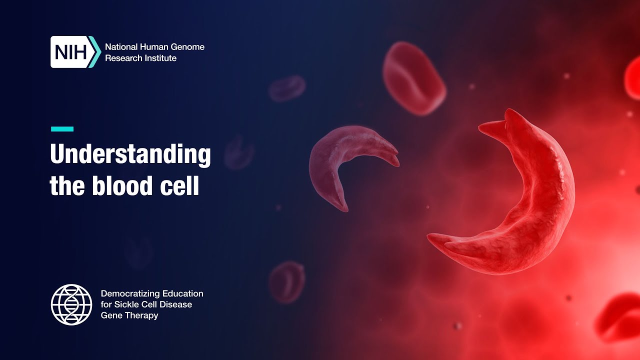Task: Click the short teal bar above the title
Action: (x=62, y=129)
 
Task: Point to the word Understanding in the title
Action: (x=130, y=154)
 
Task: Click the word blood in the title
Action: (x=122, y=185)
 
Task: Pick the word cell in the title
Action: (x=179, y=185)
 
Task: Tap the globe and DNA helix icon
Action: (x=71, y=304)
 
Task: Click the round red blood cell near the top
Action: (x=414, y=78)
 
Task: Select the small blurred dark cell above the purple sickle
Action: (x=287, y=88)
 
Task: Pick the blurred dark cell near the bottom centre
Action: (x=287, y=282)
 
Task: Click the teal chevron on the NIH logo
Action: (x=95, y=52)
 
